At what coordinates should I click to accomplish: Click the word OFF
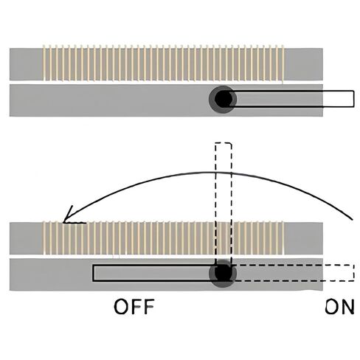pos(134,306)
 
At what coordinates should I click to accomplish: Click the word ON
pos(339,306)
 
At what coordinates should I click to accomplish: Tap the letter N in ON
pos(347,306)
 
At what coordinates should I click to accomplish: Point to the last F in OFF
pos(148,306)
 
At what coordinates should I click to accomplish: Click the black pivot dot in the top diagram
pos(224,99)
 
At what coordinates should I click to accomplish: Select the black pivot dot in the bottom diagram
pos(224,272)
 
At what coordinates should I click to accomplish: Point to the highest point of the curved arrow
pos(212,172)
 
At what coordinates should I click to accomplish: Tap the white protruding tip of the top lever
pos(339,99)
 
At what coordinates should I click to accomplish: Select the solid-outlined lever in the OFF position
pos(155,273)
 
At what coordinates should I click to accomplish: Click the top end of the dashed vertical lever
pos(224,143)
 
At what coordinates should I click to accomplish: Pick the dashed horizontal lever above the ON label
pos(293,273)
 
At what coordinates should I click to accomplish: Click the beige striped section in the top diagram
pos(164,63)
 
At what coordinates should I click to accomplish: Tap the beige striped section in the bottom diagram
pos(164,238)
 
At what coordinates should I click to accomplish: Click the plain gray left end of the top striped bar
pos(27,64)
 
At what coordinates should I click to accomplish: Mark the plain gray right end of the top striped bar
pos(303,64)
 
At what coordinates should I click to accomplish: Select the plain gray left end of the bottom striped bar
pos(27,238)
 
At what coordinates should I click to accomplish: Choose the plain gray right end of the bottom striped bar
pos(303,238)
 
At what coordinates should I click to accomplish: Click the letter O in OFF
pos(121,307)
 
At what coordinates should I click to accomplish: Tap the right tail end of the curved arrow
pos(353,219)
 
